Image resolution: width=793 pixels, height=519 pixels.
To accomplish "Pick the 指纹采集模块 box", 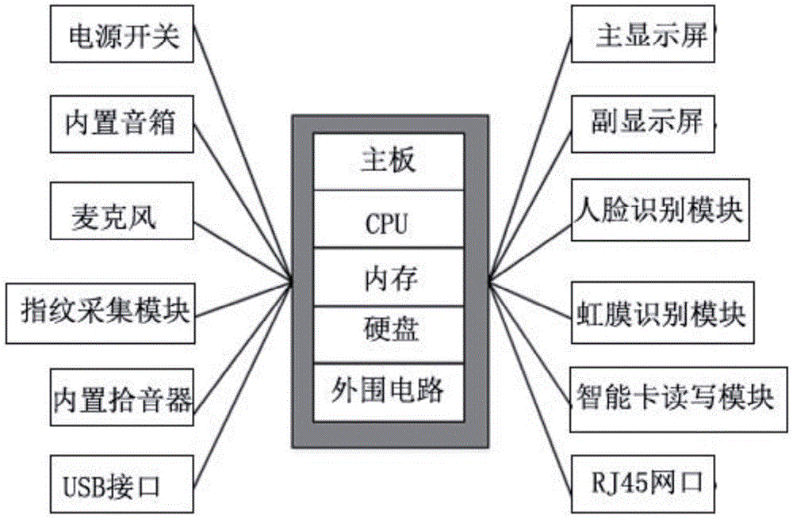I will (100, 310).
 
